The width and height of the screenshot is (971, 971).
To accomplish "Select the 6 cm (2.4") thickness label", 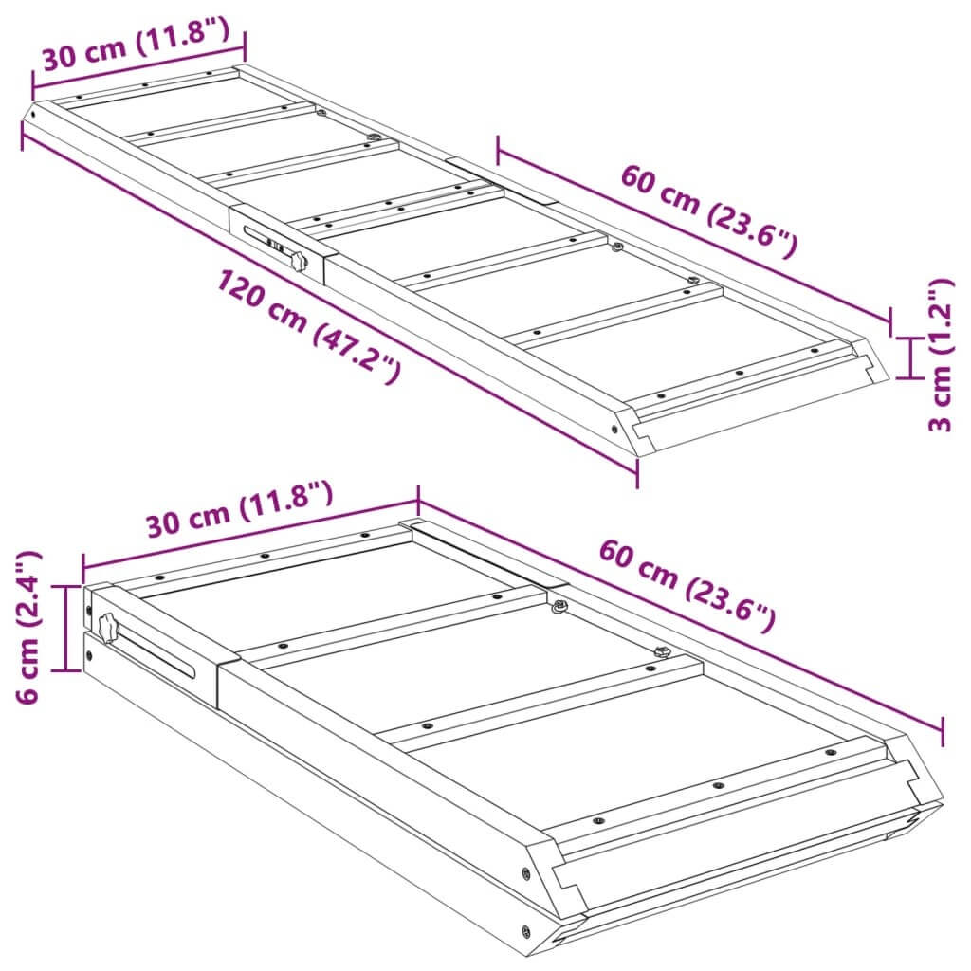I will click(x=28, y=627).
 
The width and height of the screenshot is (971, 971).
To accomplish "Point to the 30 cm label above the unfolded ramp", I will click(x=136, y=45).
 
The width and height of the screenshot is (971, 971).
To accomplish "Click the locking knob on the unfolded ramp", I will click(x=299, y=261).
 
